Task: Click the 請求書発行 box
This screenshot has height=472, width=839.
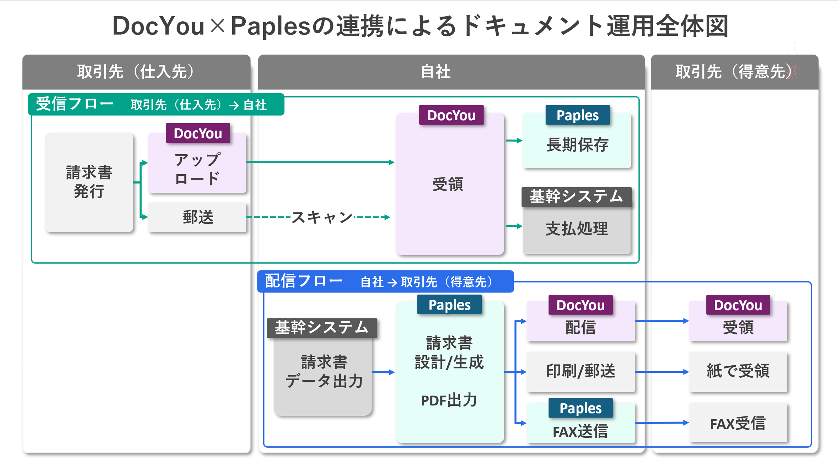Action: pos(89,182)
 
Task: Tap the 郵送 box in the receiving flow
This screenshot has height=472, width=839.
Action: pos(197,217)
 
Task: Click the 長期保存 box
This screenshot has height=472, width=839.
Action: pos(577,145)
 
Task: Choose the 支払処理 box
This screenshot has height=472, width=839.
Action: pos(577,229)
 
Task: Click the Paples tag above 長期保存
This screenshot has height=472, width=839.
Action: pos(577,115)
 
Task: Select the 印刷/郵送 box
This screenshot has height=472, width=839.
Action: pos(580,371)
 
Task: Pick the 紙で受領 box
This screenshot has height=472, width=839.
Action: pos(738,371)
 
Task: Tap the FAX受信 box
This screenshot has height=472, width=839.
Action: pos(738,424)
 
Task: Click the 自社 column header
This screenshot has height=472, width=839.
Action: pos(436,72)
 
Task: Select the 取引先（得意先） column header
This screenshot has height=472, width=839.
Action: pos(734,72)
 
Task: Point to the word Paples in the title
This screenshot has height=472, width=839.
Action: pos(270,26)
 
